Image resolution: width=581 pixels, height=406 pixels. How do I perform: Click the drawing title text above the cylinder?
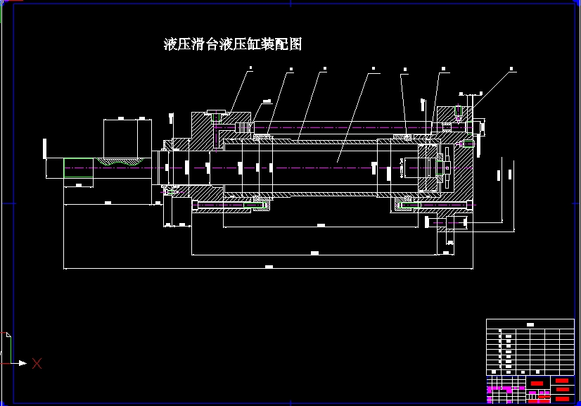point(233,44)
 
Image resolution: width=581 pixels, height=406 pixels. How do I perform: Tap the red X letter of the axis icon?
point(37,363)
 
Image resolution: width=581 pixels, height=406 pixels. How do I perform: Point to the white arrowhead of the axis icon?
point(23,363)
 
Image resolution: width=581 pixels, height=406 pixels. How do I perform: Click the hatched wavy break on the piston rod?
point(119,161)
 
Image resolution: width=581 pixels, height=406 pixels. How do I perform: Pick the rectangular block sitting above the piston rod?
point(127,138)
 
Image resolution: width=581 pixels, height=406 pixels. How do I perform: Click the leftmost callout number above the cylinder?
point(251,69)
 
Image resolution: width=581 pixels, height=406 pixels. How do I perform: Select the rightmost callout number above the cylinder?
point(511,69)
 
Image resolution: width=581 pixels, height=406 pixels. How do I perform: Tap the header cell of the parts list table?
point(530,324)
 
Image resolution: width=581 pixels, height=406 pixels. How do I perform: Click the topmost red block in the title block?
point(562,381)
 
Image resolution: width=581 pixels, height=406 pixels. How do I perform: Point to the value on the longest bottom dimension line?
point(269,267)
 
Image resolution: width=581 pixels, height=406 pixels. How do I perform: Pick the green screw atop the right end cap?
point(458,113)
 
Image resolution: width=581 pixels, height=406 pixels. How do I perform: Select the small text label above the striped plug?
point(267,102)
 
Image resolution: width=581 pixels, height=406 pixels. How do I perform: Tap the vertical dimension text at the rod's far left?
point(45,148)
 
